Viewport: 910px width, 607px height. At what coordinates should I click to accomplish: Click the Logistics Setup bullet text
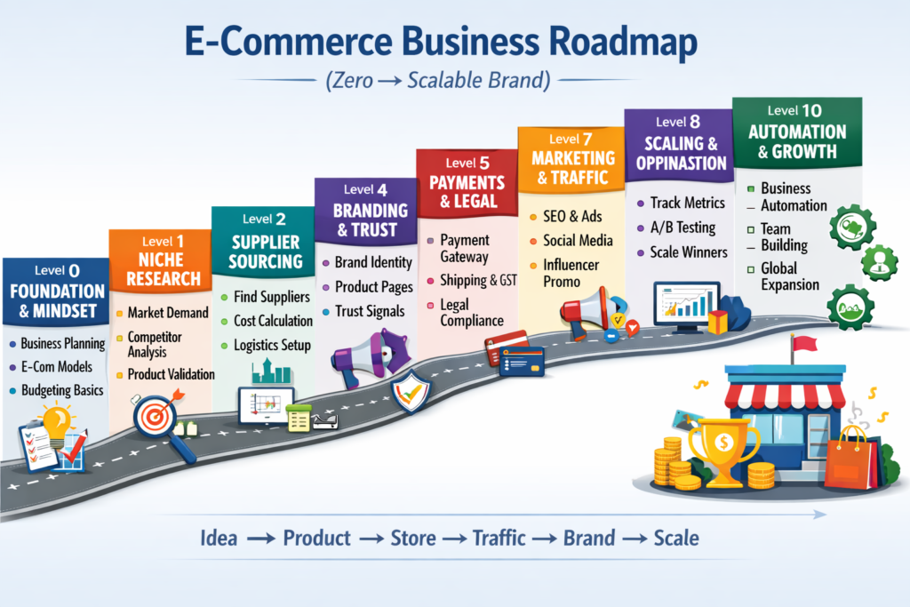click(x=272, y=345)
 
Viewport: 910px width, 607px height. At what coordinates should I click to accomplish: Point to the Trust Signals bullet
click(x=369, y=311)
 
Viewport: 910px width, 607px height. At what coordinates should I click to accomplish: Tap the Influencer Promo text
click(x=571, y=273)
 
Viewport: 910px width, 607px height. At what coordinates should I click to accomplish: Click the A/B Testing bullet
click(x=682, y=228)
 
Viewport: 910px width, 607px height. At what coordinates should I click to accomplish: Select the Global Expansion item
click(x=789, y=276)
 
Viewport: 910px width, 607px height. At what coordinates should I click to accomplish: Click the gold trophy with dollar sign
click(x=723, y=448)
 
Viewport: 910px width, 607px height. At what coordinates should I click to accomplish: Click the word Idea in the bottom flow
click(x=219, y=538)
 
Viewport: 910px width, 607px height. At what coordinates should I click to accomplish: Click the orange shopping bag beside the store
click(x=848, y=460)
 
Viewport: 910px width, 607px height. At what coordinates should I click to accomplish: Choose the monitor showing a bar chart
click(x=685, y=305)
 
